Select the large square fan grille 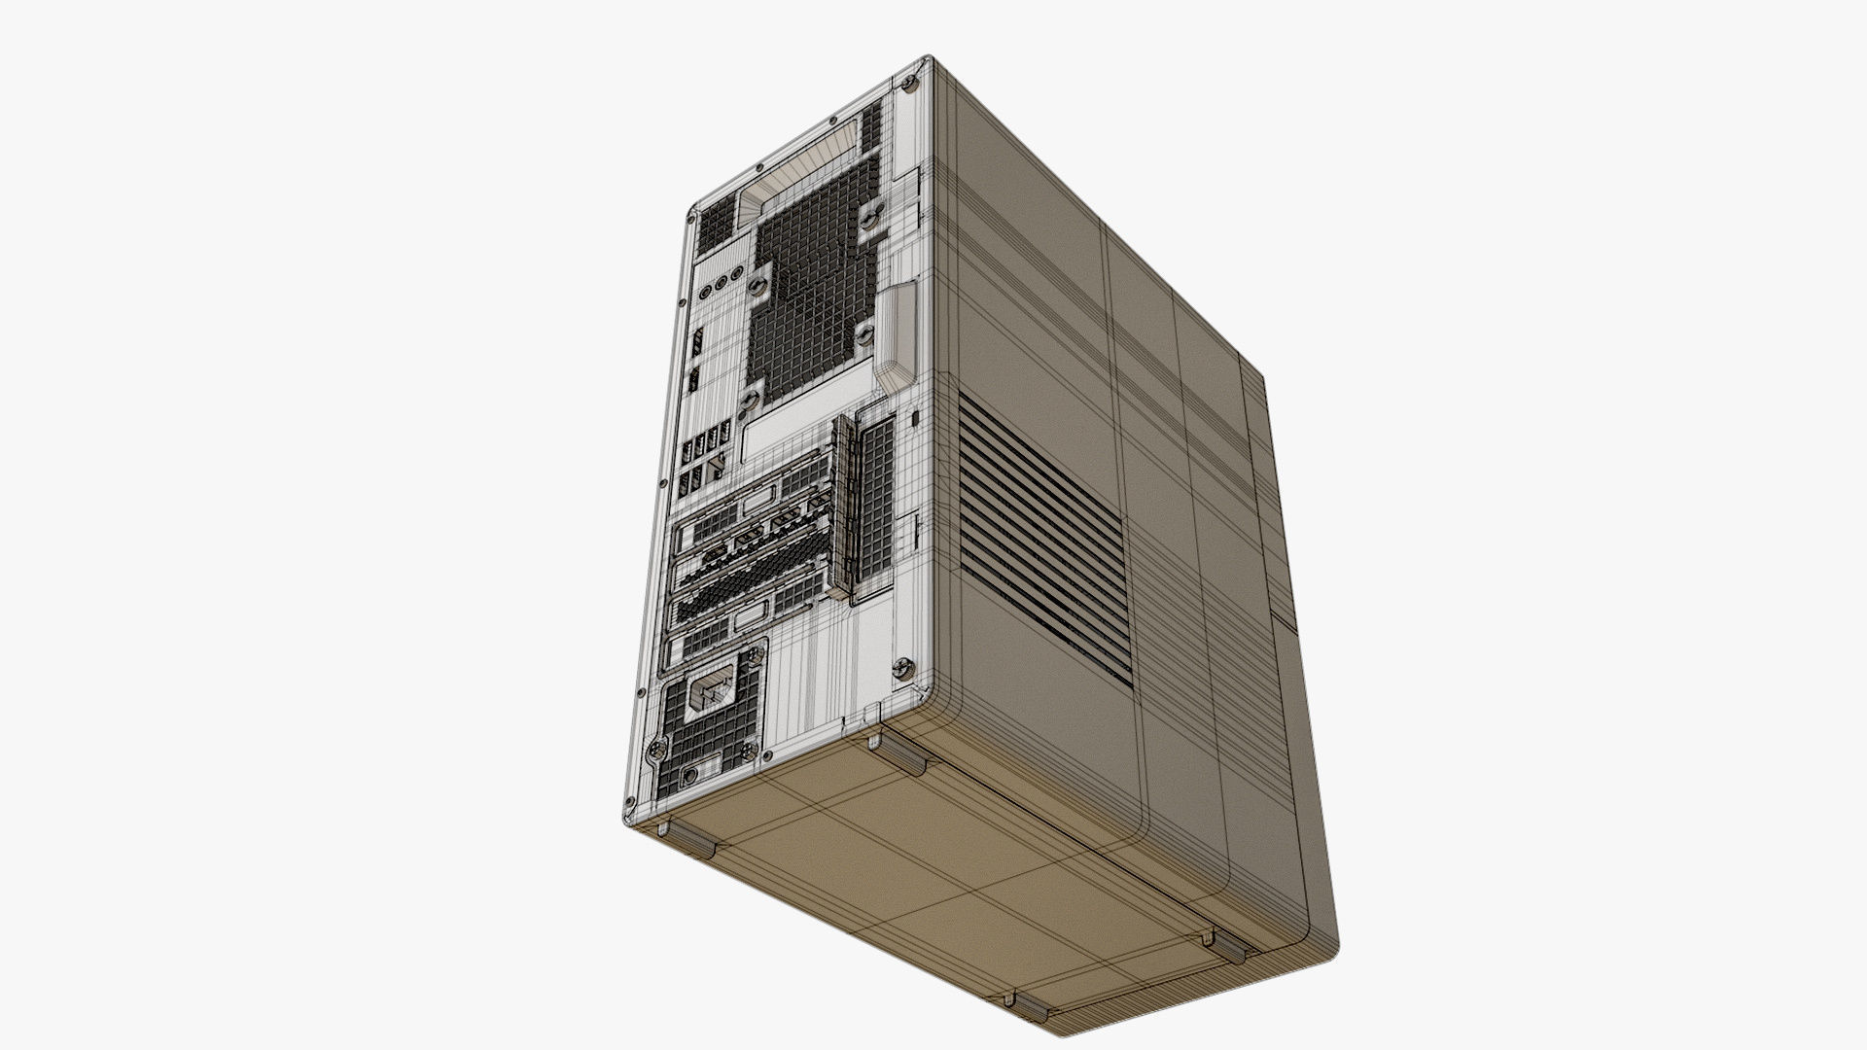click(807, 301)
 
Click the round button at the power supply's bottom click(690, 776)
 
